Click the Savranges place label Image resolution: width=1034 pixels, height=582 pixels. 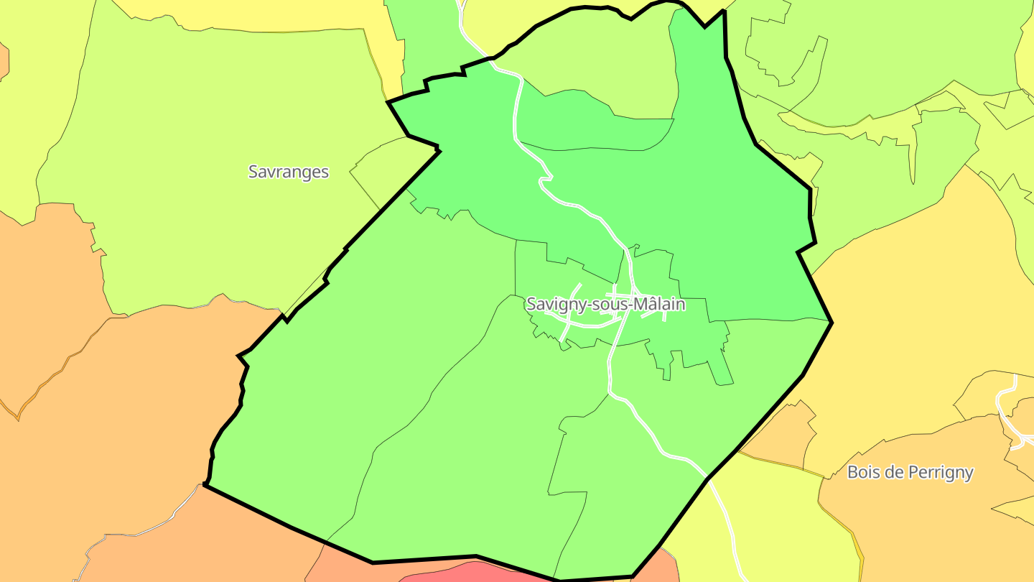[x=288, y=172]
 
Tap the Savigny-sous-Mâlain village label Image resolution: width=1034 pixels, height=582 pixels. [x=605, y=304]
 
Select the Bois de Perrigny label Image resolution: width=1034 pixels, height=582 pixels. [x=910, y=472]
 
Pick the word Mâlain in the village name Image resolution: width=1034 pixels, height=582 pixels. [x=661, y=304]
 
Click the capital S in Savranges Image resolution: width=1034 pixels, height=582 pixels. [x=253, y=172]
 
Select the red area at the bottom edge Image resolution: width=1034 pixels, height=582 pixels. [x=467, y=573]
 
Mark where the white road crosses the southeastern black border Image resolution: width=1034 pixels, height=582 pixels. [x=707, y=478]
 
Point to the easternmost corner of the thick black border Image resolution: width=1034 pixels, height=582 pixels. [x=832, y=322]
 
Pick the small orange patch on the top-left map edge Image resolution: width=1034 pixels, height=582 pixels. [x=4, y=61]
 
